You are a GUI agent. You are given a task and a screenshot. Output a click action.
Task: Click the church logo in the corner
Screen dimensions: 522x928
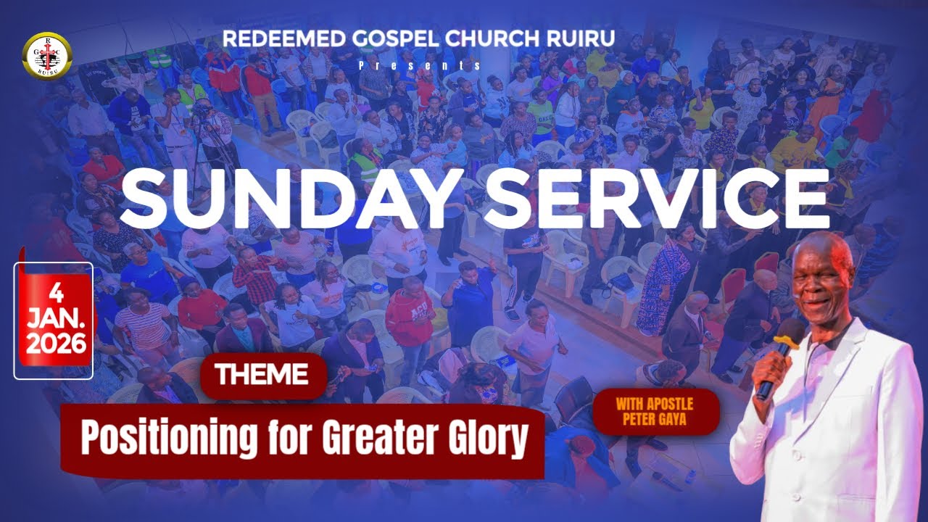48,54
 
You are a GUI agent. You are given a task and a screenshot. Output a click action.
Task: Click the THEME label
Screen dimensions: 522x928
261,375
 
